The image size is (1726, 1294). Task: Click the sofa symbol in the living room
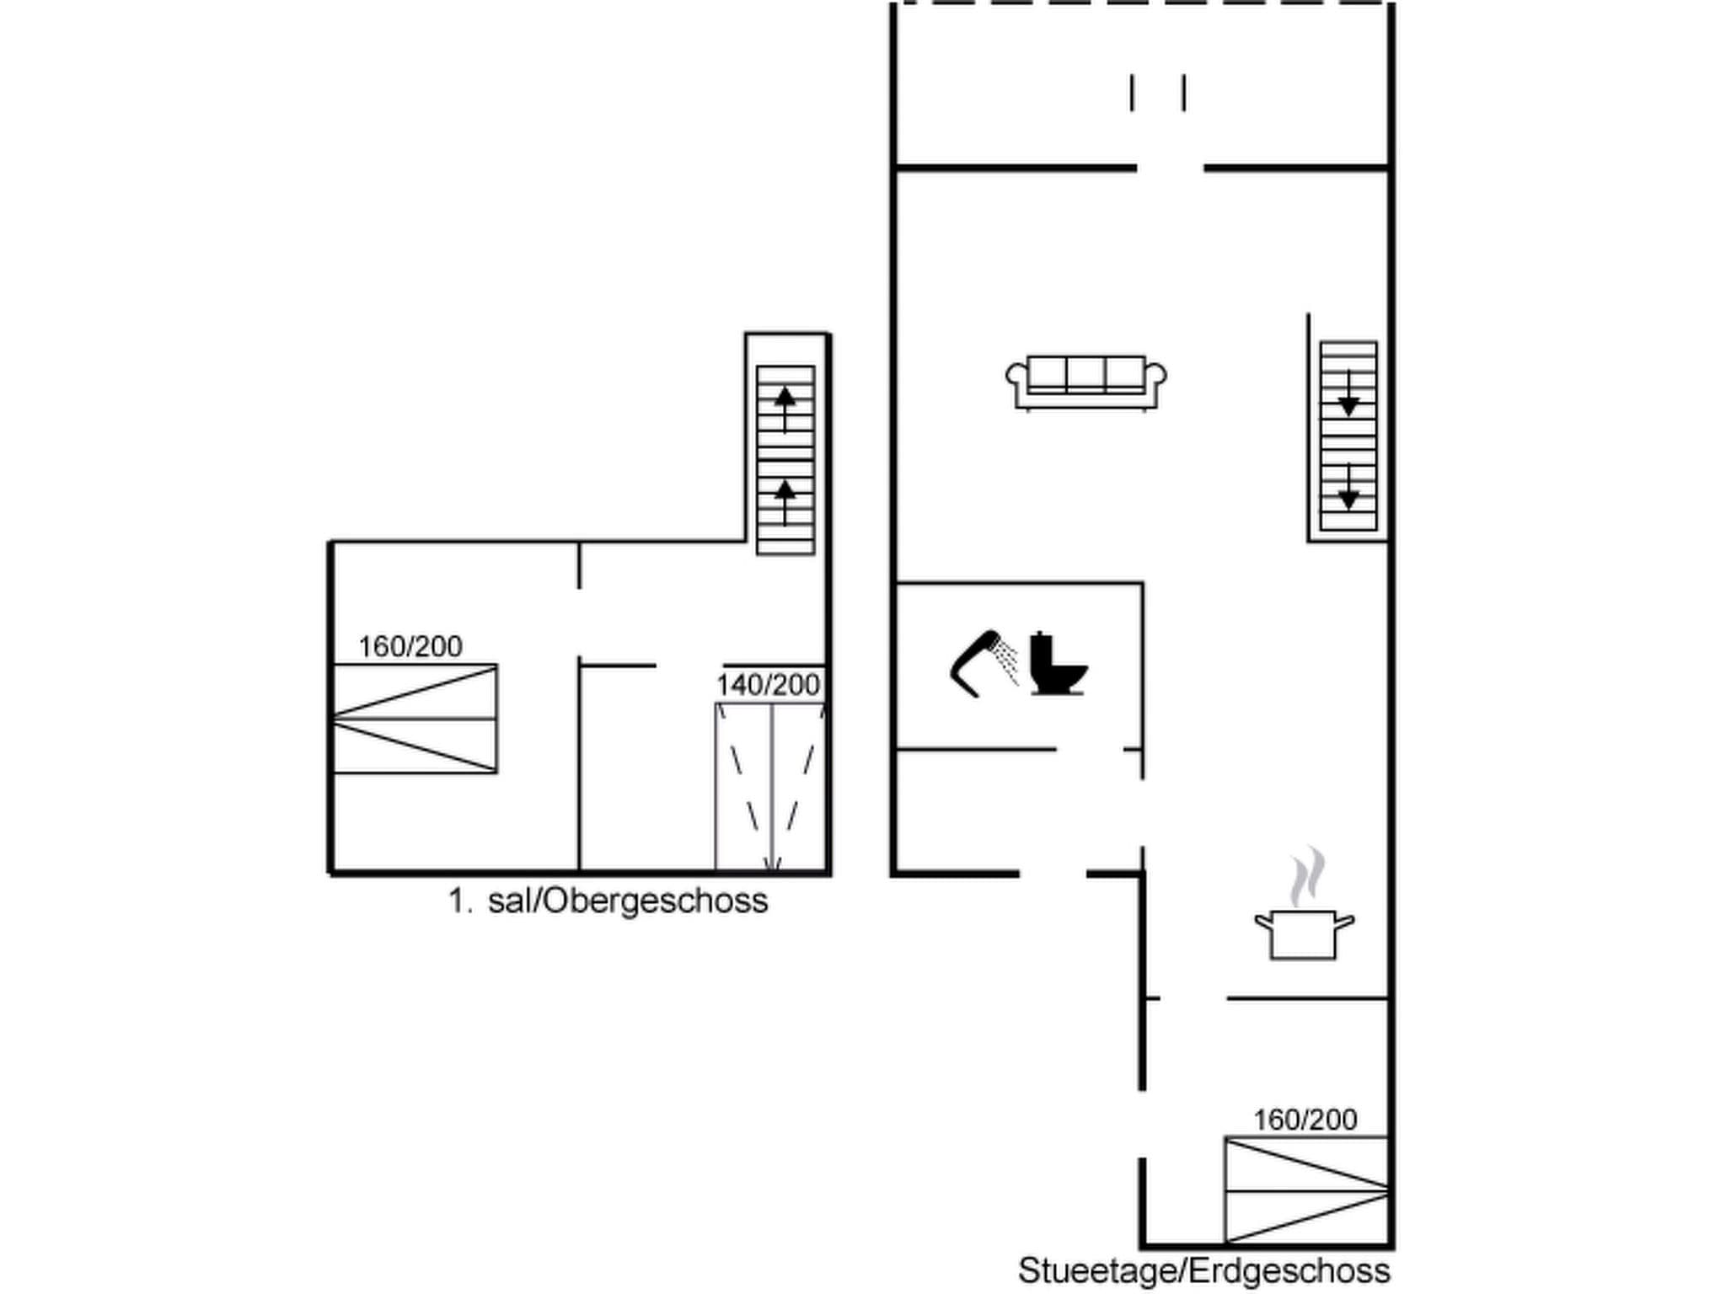[1085, 382]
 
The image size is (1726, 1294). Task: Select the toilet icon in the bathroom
[1057, 665]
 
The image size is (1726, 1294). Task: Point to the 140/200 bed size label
[768, 685]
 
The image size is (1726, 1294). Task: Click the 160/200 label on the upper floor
[410, 646]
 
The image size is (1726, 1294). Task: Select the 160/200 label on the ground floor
[1305, 1120]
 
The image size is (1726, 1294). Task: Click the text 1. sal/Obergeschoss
[608, 901]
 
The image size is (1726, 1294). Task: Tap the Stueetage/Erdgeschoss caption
[1203, 1270]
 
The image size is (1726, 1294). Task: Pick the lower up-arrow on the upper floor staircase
[785, 499]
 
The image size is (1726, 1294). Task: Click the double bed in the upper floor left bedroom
[415, 719]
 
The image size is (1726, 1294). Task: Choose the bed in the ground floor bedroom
[1305, 1190]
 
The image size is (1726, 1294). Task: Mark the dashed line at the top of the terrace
[1142, 3]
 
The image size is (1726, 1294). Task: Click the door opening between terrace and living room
[1170, 168]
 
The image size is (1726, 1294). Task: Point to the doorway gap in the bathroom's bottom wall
[1090, 749]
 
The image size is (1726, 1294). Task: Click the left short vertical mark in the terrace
[1132, 93]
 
